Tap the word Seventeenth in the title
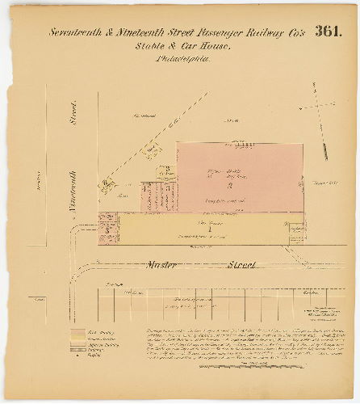coord(77,32)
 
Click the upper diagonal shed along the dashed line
coord(150,150)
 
